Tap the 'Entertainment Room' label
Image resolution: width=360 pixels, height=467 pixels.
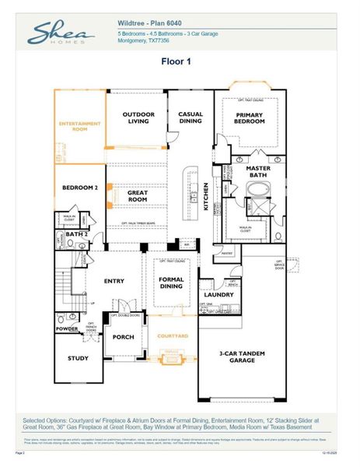(80, 127)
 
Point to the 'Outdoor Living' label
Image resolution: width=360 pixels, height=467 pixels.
(137, 118)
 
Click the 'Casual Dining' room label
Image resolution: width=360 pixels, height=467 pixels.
(190, 118)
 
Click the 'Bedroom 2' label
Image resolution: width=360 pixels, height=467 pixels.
(79, 188)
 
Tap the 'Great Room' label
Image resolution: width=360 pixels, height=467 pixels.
(138, 197)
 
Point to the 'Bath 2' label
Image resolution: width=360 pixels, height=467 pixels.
(75, 233)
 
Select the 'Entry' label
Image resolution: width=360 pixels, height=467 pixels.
(115, 282)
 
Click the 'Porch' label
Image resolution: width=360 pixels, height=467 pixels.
(124, 337)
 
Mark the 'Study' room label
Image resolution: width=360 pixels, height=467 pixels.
(78, 359)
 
